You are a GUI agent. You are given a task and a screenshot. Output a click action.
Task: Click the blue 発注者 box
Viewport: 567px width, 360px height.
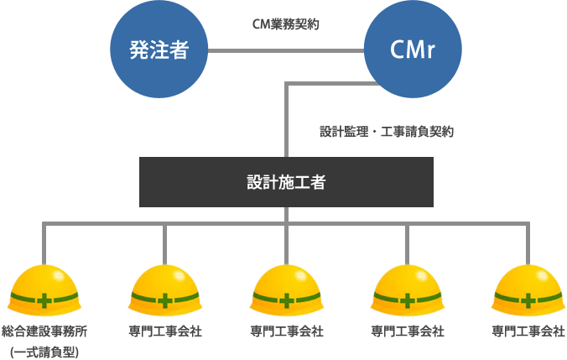[159, 50]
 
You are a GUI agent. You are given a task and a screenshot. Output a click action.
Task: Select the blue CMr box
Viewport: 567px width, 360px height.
[412, 50]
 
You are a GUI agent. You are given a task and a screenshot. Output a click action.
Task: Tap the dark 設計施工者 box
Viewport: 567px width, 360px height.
[286, 181]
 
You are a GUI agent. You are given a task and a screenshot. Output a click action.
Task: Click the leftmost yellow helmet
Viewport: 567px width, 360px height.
[44, 290]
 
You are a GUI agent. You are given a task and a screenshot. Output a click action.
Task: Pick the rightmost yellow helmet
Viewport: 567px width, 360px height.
[528, 290]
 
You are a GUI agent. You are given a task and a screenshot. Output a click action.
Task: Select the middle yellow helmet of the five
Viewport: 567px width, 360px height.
[286, 290]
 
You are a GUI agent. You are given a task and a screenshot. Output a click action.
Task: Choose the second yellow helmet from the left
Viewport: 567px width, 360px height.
[165, 290]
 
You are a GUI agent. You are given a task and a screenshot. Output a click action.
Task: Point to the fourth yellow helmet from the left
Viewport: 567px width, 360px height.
[407, 290]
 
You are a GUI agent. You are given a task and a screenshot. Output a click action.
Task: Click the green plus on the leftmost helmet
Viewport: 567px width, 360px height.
[44, 300]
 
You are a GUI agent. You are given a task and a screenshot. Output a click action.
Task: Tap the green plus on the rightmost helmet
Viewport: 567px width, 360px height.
[528, 300]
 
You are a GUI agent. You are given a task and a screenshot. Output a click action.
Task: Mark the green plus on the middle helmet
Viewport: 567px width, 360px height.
[286, 300]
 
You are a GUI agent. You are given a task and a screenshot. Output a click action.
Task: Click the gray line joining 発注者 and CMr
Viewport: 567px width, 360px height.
[285, 50]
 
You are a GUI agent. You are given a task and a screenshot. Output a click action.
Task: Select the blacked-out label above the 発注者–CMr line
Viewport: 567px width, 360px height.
[286, 23]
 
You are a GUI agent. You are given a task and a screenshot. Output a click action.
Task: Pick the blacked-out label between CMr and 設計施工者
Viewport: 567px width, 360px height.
[387, 131]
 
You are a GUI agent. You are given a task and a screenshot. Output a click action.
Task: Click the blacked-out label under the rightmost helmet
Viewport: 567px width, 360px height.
[528, 331]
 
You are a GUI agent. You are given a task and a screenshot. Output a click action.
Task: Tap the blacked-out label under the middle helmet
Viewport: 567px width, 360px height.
[287, 331]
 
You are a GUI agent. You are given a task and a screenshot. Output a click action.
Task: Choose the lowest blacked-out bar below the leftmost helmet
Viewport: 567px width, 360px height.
[44, 352]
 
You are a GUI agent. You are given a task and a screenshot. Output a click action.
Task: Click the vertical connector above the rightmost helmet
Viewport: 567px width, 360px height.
[528, 243]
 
